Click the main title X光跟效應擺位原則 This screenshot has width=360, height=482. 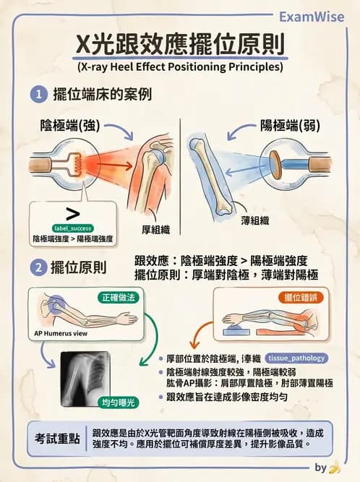(x=180, y=46)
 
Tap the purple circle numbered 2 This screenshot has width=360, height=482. (x=38, y=268)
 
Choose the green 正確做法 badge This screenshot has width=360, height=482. (x=119, y=296)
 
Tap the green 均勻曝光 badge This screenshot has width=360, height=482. (x=117, y=401)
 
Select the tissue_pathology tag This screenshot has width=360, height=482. (x=296, y=358)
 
